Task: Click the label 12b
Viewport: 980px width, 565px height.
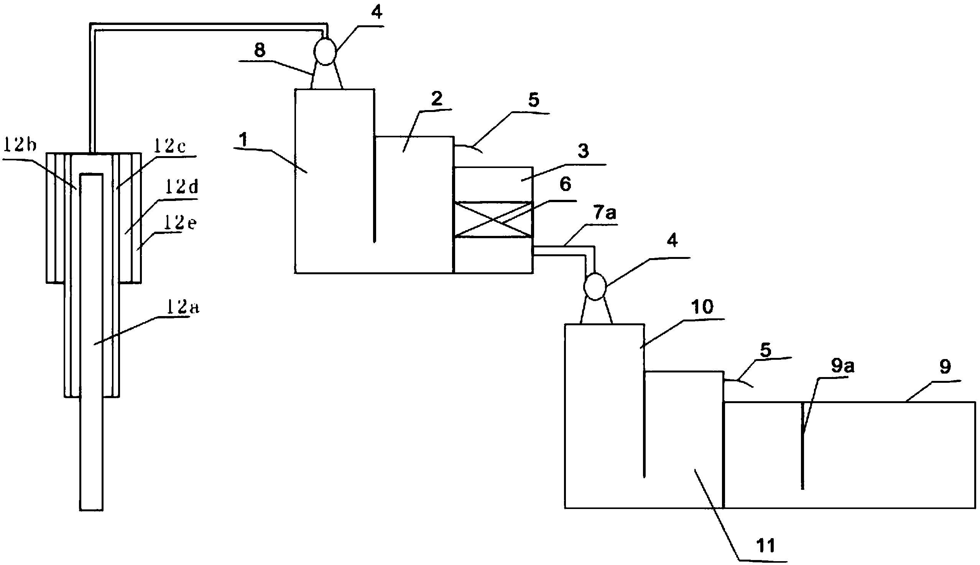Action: click(20, 146)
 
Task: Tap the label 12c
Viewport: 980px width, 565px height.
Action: click(169, 146)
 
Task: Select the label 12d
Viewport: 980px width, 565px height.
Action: click(181, 188)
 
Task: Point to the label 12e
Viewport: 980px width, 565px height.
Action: click(180, 223)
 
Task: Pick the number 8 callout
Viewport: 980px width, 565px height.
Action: click(260, 51)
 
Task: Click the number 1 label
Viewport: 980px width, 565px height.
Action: click(243, 140)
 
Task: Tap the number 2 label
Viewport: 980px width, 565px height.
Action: click(436, 99)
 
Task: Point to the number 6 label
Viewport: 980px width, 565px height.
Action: click(565, 185)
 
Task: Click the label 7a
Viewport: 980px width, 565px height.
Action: click(605, 213)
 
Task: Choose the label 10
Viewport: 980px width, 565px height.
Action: click(702, 307)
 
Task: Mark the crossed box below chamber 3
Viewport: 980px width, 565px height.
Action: click(493, 219)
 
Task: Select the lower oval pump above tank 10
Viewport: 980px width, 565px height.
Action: click(595, 287)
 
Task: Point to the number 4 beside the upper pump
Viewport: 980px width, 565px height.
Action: click(376, 12)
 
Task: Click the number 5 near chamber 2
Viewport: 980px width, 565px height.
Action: click(534, 100)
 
